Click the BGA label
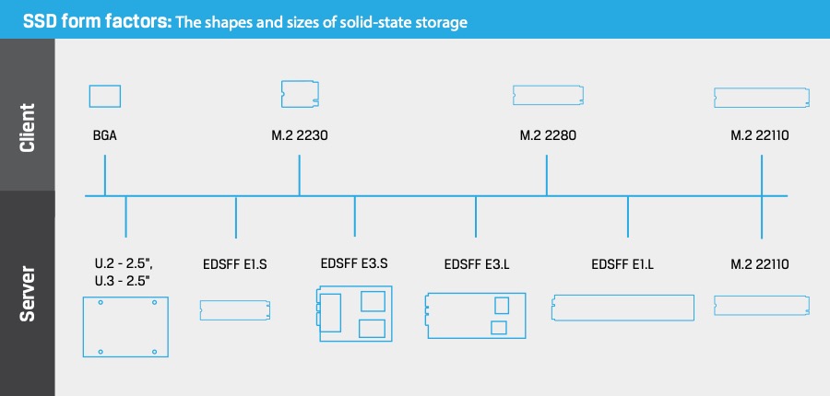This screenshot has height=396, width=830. tap(104, 135)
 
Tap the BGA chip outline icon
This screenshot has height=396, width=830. tap(105, 95)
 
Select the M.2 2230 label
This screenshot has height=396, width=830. tap(300, 135)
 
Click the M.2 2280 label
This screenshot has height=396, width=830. tap(548, 135)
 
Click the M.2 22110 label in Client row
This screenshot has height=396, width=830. tap(760, 135)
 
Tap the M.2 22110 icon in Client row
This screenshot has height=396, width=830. tap(762, 96)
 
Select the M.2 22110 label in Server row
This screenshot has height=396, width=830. tap(760, 266)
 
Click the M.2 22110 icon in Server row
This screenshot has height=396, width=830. tap(762, 306)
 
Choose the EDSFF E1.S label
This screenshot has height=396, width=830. tap(234, 266)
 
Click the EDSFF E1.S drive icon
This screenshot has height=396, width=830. tap(234, 309)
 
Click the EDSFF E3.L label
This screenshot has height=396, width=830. tap(476, 266)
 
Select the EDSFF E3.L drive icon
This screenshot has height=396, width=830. tap(476, 315)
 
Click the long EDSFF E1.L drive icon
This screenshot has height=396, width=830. tap(622, 308)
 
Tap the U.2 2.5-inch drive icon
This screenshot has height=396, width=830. tap(125, 327)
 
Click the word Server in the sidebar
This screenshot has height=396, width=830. tap(28, 293)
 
